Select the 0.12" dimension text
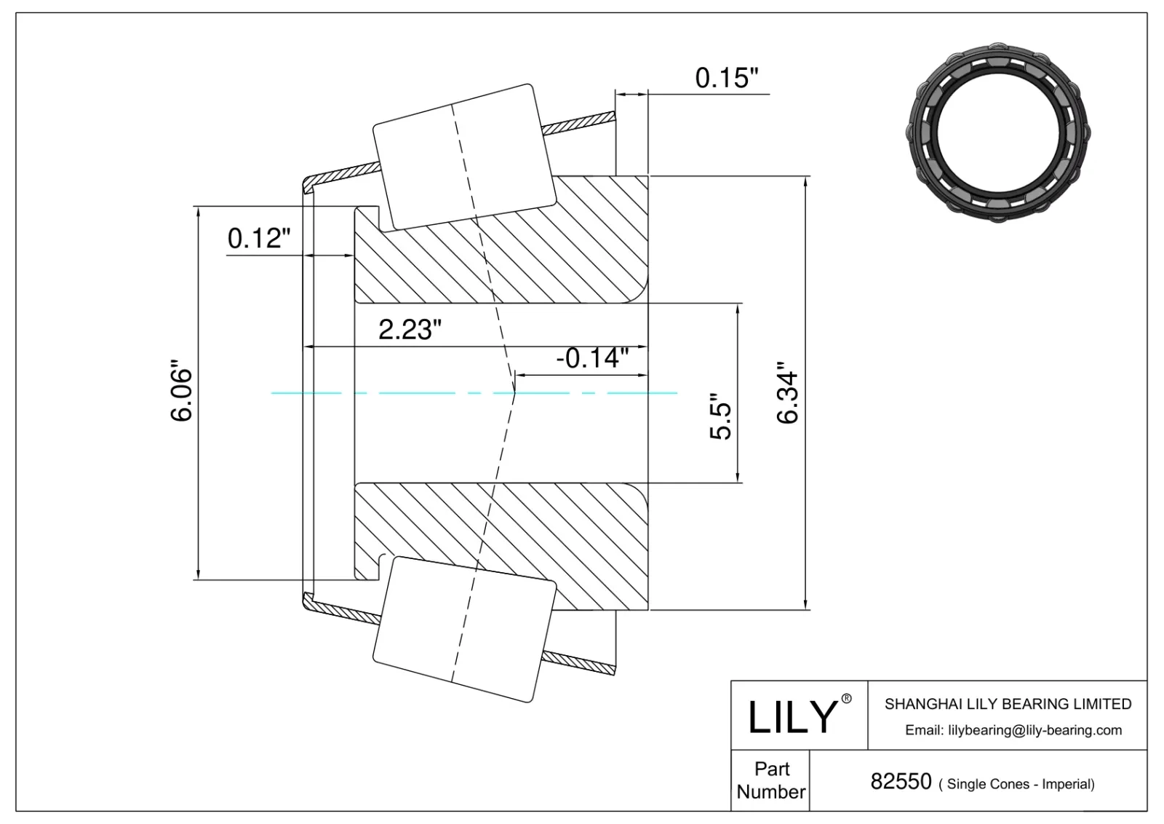pos(260,237)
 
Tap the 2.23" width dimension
pos(410,330)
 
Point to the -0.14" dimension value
pos(591,357)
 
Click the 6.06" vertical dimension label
pos(181,394)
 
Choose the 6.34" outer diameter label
pos(788,394)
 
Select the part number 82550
pos(901,782)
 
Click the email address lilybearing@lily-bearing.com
pos(1013,730)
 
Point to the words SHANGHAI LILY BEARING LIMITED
pos(1008,704)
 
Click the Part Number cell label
pos(770,780)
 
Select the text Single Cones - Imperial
pos(1016,784)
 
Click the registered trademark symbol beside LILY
pos(846,699)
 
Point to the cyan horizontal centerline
pos(407,393)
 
